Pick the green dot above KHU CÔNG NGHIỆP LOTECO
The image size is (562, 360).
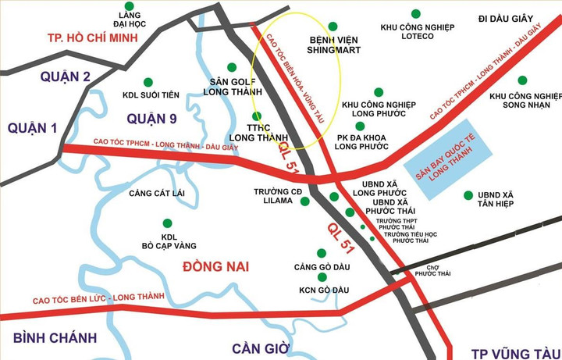[x=415, y=13]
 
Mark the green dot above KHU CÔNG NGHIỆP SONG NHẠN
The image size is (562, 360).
[x=521, y=80]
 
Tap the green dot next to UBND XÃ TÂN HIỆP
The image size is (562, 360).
[x=468, y=194]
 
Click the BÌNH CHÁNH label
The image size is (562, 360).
[x=55, y=337]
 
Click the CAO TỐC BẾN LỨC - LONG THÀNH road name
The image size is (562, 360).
[x=98, y=298]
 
